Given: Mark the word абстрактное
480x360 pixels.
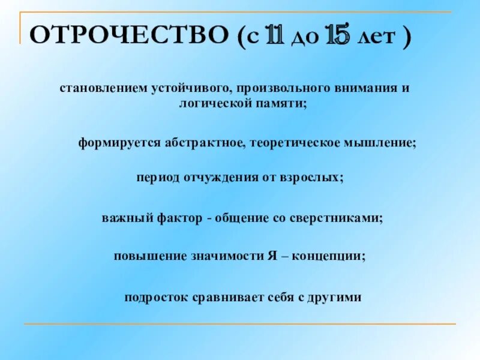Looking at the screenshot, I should click(206, 143).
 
